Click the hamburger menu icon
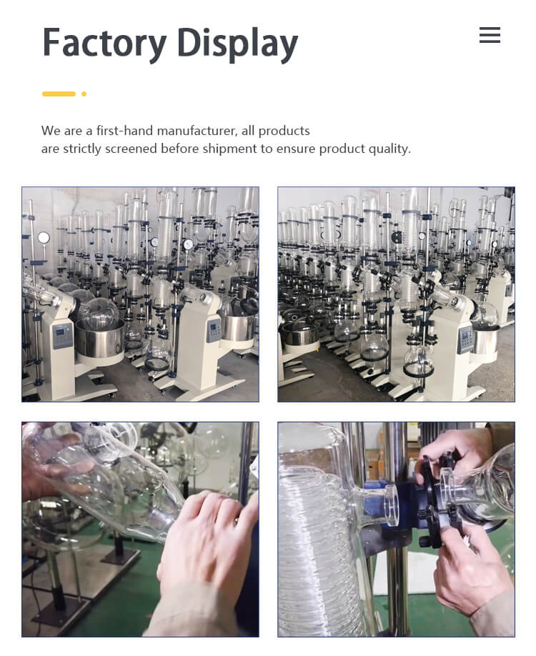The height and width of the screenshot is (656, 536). [490, 35]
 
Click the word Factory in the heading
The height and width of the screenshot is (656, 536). [104, 44]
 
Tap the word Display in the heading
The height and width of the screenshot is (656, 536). [237, 44]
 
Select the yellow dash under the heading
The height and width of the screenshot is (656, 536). [59, 94]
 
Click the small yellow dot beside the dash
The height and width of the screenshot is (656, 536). [84, 94]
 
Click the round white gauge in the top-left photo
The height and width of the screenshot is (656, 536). [44, 238]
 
